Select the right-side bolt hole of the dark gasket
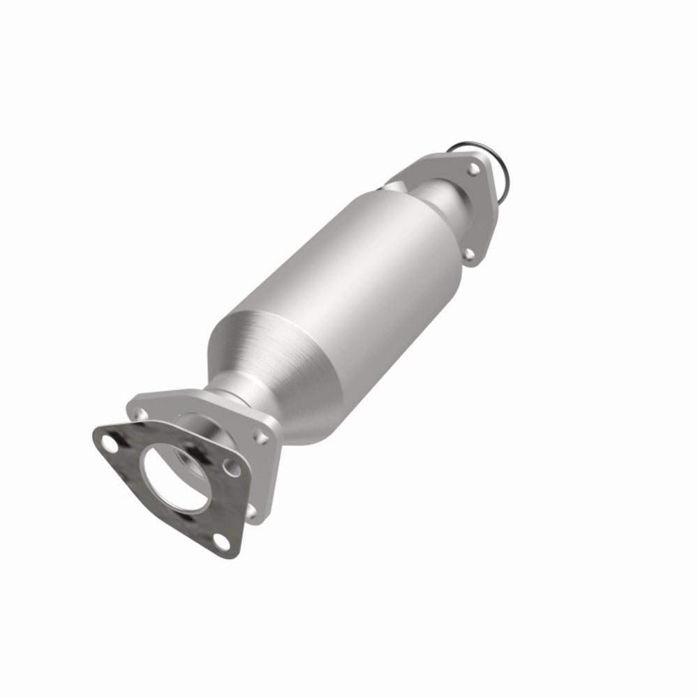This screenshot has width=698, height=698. tap(226, 461)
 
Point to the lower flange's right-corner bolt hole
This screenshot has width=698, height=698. tap(262, 437)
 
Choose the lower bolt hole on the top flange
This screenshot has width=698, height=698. tap(472, 255)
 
